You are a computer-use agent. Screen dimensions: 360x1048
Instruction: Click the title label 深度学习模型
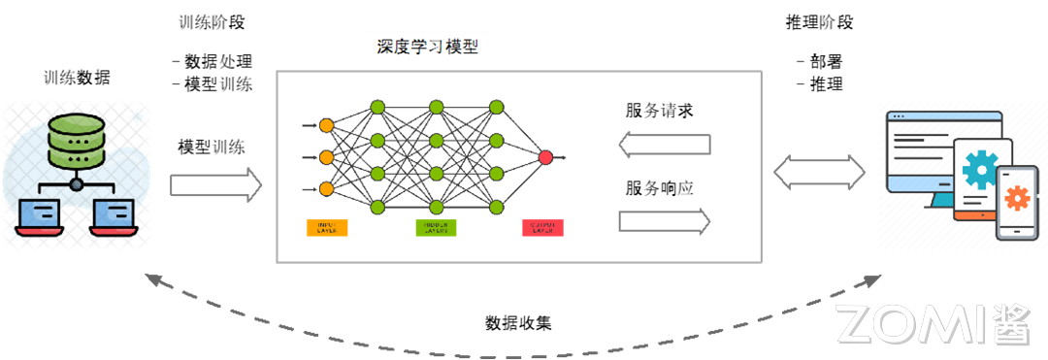coord(428,47)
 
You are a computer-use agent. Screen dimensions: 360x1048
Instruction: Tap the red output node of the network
coord(545,156)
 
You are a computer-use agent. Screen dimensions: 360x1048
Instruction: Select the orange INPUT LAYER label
coord(327,228)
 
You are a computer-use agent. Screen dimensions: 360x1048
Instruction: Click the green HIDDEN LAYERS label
coord(436,228)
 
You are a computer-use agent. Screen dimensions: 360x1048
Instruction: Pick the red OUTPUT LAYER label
coord(542,228)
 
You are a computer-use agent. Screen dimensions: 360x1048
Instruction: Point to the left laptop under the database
coord(39,214)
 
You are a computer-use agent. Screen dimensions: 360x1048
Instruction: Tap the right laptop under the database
coord(115,214)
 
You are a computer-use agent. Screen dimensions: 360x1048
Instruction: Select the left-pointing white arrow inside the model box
coord(665,146)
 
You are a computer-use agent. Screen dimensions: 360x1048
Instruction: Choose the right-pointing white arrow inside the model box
coord(665,221)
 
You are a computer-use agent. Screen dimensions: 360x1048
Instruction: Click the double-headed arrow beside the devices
coord(820,174)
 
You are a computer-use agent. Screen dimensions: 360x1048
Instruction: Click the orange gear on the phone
coord(1017,199)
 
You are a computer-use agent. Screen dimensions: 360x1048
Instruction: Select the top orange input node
coord(326,125)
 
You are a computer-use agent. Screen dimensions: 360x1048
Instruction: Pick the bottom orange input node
coord(326,188)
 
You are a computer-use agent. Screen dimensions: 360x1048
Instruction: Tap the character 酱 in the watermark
coord(1011,324)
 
